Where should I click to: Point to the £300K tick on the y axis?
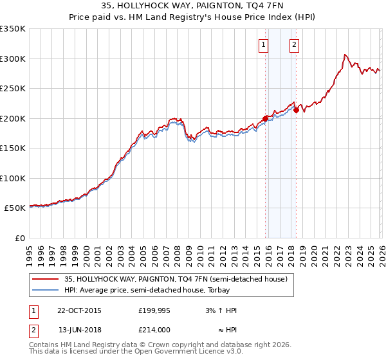pyautogui.click(x=13, y=59)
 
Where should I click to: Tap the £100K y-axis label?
pyautogui.click(x=13, y=178)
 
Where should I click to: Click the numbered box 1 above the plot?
pyautogui.click(x=264, y=45)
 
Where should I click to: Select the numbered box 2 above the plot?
pyautogui.click(x=294, y=45)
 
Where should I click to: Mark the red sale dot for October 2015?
pyautogui.click(x=265, y=118)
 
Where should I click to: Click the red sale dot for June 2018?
pyautogui.click(x=295, y=110)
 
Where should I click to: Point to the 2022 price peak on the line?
pyautogui.click(x=345, y=55)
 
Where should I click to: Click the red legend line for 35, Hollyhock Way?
pyautogui.click(x=46, y=279)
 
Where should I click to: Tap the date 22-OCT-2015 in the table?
pyautogui.click(x=80, y=310)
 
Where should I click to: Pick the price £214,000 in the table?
pyautogui.click(x=154, y=329)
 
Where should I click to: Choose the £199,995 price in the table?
pyautogui.click(x=154, y=310)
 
